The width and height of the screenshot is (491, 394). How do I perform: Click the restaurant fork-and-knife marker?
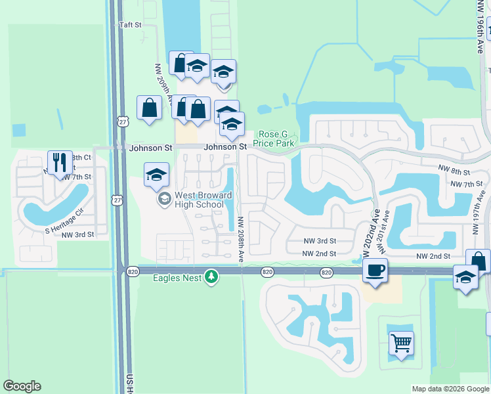coord(60,162)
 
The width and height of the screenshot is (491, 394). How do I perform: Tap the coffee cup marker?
coord(375,270)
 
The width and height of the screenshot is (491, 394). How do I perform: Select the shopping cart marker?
coord(401,343)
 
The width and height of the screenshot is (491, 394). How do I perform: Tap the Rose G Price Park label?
coord(278,138)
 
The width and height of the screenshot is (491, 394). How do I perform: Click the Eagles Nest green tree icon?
coord(211,277)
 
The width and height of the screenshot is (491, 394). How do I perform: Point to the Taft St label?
coord(130,25)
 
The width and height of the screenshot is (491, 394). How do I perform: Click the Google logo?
coord(22,386)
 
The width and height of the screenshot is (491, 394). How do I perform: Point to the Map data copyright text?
coord(450,389)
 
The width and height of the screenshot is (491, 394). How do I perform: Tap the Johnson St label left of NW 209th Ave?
coord(150,148)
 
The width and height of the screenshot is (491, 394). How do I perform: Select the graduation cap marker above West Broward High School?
coord(156,175)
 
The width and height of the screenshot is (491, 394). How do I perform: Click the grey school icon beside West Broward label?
coord(162,198)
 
